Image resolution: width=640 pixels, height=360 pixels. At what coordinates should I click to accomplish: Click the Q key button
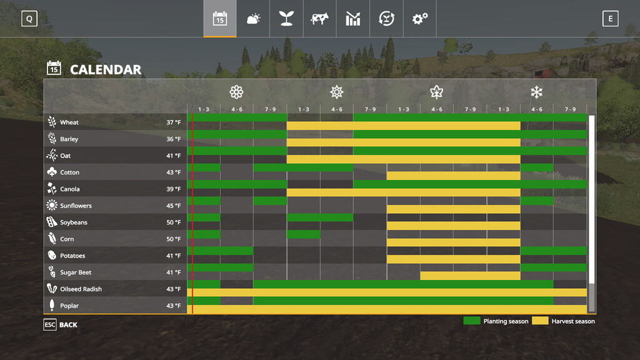point(29,19)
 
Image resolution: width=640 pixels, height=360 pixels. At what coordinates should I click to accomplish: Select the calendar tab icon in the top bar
point(219,19)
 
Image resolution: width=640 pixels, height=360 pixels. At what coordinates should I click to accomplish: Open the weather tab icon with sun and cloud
point(253,19)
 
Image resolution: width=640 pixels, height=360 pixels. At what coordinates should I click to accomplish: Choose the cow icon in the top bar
point(319,19)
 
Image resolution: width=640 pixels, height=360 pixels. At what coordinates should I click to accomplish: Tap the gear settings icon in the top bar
point(420,19)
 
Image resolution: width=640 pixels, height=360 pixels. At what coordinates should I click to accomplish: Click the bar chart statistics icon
point(353,19)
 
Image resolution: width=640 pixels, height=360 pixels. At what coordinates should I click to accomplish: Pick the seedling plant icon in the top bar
point(286,19)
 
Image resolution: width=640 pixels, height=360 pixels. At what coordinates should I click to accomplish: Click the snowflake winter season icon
point(536,92)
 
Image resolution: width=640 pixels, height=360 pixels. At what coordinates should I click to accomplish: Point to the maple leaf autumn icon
point(436,92)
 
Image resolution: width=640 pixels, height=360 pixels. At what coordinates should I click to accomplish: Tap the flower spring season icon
point(236,92)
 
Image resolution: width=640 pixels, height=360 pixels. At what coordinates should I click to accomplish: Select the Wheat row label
point(69,122)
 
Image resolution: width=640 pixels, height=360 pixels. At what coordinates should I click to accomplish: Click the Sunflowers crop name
point(76,206)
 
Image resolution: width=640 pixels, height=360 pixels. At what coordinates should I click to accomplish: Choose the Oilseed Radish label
point(81,289)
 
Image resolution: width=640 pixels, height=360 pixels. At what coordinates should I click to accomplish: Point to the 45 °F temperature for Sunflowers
point(173,206)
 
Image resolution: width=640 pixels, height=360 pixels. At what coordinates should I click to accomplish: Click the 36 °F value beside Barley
point(173,139)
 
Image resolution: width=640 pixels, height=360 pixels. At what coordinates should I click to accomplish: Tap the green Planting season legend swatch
point(471,321)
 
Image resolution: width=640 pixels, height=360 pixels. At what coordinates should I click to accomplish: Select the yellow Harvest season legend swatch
point(539,321)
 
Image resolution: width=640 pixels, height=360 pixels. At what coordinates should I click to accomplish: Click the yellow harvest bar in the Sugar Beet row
point(470,276)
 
